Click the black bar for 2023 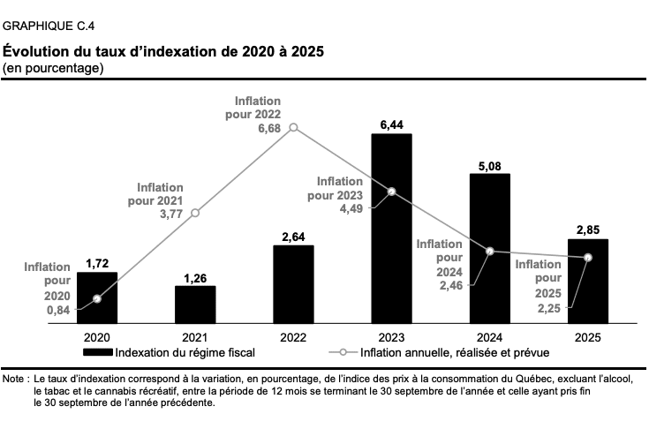coord(391,229)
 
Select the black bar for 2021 coord(195,305)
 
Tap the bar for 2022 coord(293,284)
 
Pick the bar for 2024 coord(490,248)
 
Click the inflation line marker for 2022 coord(293,127)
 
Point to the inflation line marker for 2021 coord(195,213)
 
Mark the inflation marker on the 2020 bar coord(97,298)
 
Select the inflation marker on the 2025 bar coord(588,258)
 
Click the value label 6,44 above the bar coord(391,125)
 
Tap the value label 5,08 coord(490,166)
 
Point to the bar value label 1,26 coord(195,278)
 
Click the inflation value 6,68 coord(269,129)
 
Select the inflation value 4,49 coord(351,209)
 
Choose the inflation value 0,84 coord(58,310)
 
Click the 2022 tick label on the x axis coord(293,337)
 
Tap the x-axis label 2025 coord(588,337)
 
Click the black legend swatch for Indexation coord(98,352)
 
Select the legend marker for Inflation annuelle coord(343,352)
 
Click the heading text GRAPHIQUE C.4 coord(49,26)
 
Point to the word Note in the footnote coord(13,379)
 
